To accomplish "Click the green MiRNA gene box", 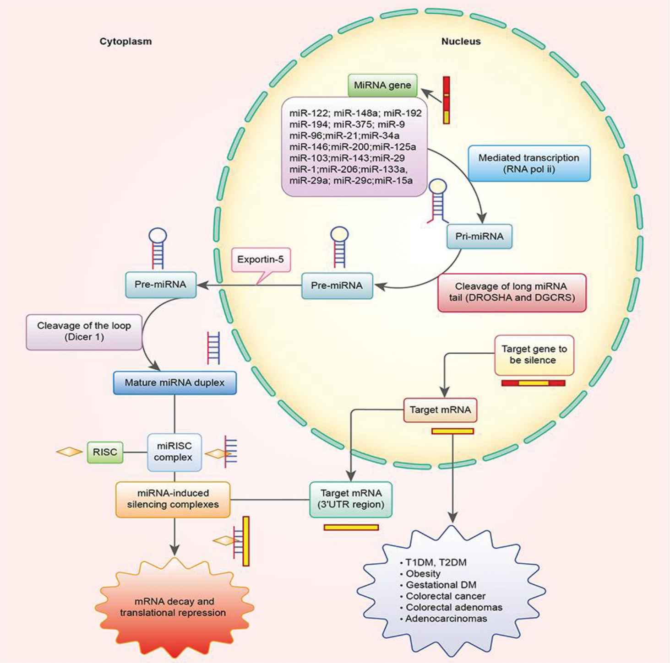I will [x=382, y=86].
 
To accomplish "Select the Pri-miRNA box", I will [x=479, y=237].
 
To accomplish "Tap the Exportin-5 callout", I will [x=261, y=260].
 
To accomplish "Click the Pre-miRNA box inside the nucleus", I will [x=337, y=286].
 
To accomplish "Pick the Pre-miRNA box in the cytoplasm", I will [x=161, y=285].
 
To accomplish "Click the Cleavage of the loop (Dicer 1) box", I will [x=84, y=332].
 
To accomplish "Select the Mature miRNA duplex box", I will [x=174, y=383].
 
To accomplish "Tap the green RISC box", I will [x=105, y=452].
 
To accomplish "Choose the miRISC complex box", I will [x=174, y=452].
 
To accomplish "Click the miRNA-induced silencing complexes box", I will [x=173, y=499].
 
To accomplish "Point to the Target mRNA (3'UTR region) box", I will [x=351, y=499].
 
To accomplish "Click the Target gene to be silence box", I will [x=534, y=355].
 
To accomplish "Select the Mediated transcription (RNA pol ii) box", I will [x=529, y=163].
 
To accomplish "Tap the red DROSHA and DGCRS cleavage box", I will [x=512, y=292].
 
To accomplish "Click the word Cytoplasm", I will [x=125, y=42].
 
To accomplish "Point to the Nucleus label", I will [x=461, y=42].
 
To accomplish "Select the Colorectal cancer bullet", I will [x=445, y=596].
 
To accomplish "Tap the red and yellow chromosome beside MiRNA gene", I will [x=446, y=100].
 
